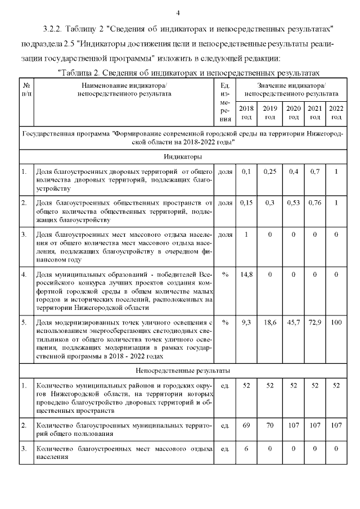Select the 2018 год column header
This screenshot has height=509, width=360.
(246, 112)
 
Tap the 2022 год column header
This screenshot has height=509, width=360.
(336, 112)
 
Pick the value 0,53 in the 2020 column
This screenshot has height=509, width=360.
(293, 202)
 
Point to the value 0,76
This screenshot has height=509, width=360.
(315, 202)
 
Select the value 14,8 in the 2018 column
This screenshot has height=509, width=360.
(246, 274)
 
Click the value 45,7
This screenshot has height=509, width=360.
(293, 322)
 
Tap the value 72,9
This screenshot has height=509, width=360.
(315, 322)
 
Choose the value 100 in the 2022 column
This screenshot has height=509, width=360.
(336, 322)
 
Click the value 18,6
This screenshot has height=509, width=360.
(270, 322)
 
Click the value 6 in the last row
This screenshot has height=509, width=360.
(246, 449)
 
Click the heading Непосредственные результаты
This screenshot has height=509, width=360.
(180, 371)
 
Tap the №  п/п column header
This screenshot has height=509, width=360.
(26, 89)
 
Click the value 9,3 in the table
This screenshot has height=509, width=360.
(246, 322)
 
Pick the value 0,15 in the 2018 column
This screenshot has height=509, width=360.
(246, 202)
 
